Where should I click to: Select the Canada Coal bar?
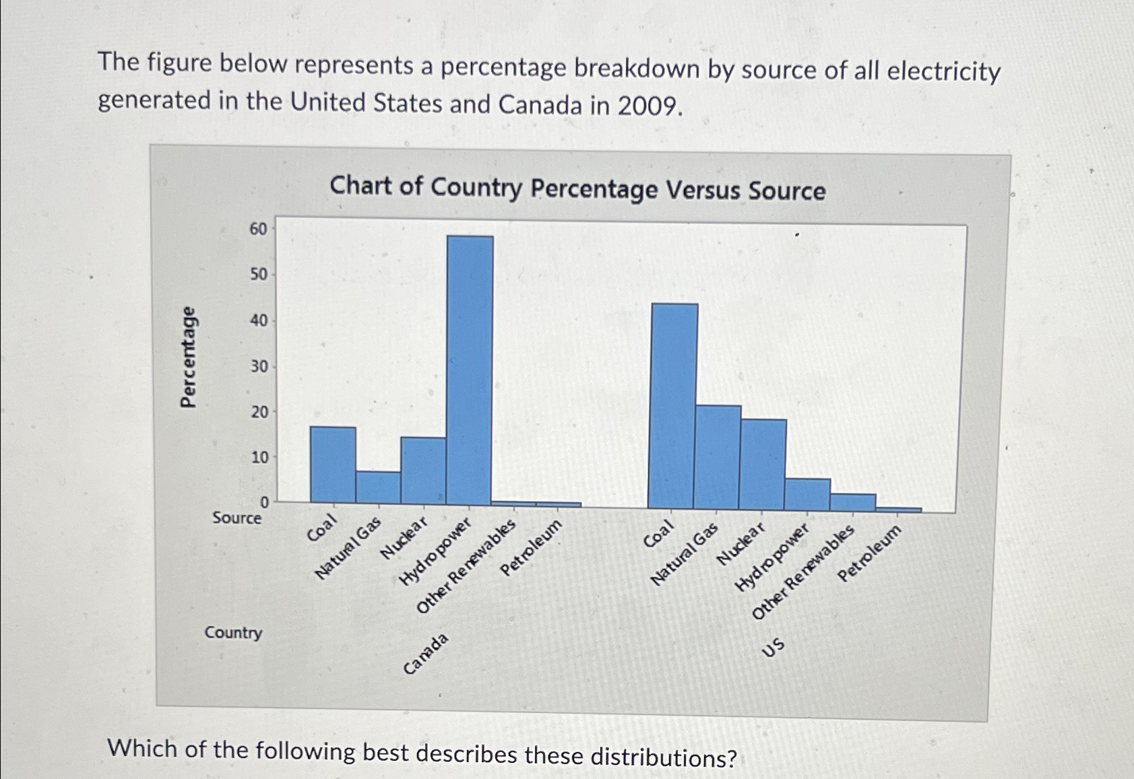[x=333, y=465]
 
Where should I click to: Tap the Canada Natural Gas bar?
[x=378, y=487]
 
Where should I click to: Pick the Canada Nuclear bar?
[x=423, y=470]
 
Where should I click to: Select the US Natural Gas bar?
[x=718, y=456]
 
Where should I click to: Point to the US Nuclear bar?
[x=763, y=464]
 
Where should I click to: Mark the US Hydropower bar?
[x=807, y=494]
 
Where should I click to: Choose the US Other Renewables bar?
[x=853, y=502]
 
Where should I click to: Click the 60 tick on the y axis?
[x=258, y=229]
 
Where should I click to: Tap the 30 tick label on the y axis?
[x=259, y=366]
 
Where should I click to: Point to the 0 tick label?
[x=264, y=502]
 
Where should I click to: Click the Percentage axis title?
[x=189, y=357]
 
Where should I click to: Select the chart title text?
[x=577, y=188]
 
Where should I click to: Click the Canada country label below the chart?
[x=426, y=653]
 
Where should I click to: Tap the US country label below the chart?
[x=774, y=647]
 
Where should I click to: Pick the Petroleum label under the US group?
[x=869, y=553]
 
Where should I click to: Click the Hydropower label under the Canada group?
[x=435, y=552]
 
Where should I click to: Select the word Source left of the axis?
[x=237, y=518]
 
